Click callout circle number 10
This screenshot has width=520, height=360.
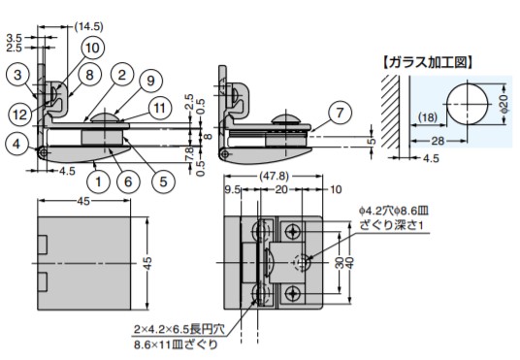click(x=92, y=48)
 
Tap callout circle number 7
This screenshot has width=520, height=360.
click(x=340, y=113)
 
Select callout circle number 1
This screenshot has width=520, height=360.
click(x=99, y=181)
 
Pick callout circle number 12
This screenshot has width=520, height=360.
click(x=19, y=115)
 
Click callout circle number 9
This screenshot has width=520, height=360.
click(x=150, y=81)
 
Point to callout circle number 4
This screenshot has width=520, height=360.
click(x=16, y=144)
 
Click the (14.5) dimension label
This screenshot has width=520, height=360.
click(x=88, y=26)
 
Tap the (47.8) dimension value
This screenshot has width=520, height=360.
click(x=274, y=176)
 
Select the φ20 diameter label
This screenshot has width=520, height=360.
click(x=504, y=104)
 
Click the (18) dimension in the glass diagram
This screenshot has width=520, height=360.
click(x=428, y=117)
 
